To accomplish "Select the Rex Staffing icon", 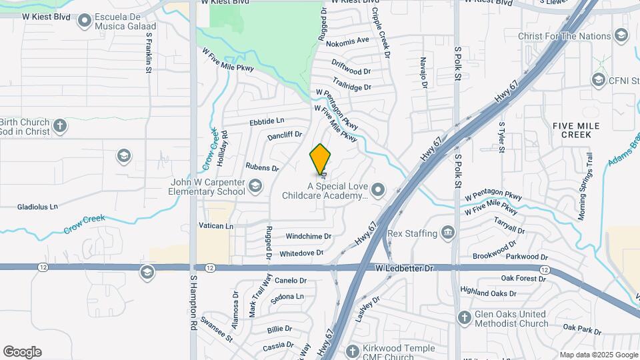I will [x=447, y=233].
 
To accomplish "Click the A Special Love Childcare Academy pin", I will [x=378, y=191].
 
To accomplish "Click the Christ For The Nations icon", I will [x=621, y=35].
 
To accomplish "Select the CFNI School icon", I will [x=598, y=80].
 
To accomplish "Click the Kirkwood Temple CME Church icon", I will [x=353, y=350].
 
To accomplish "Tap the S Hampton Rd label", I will [x=194, y=303].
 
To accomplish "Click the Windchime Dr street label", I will [x=309, y=237].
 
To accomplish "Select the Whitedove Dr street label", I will [x=301, y=253].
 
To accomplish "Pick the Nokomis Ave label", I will [x=348, y=40].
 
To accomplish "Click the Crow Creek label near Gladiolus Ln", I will [x=85, y=223].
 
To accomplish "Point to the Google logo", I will [x=22, y=352].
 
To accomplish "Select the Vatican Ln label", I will [x=216, y=226].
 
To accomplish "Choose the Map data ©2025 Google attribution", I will [x=598, y=355].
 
